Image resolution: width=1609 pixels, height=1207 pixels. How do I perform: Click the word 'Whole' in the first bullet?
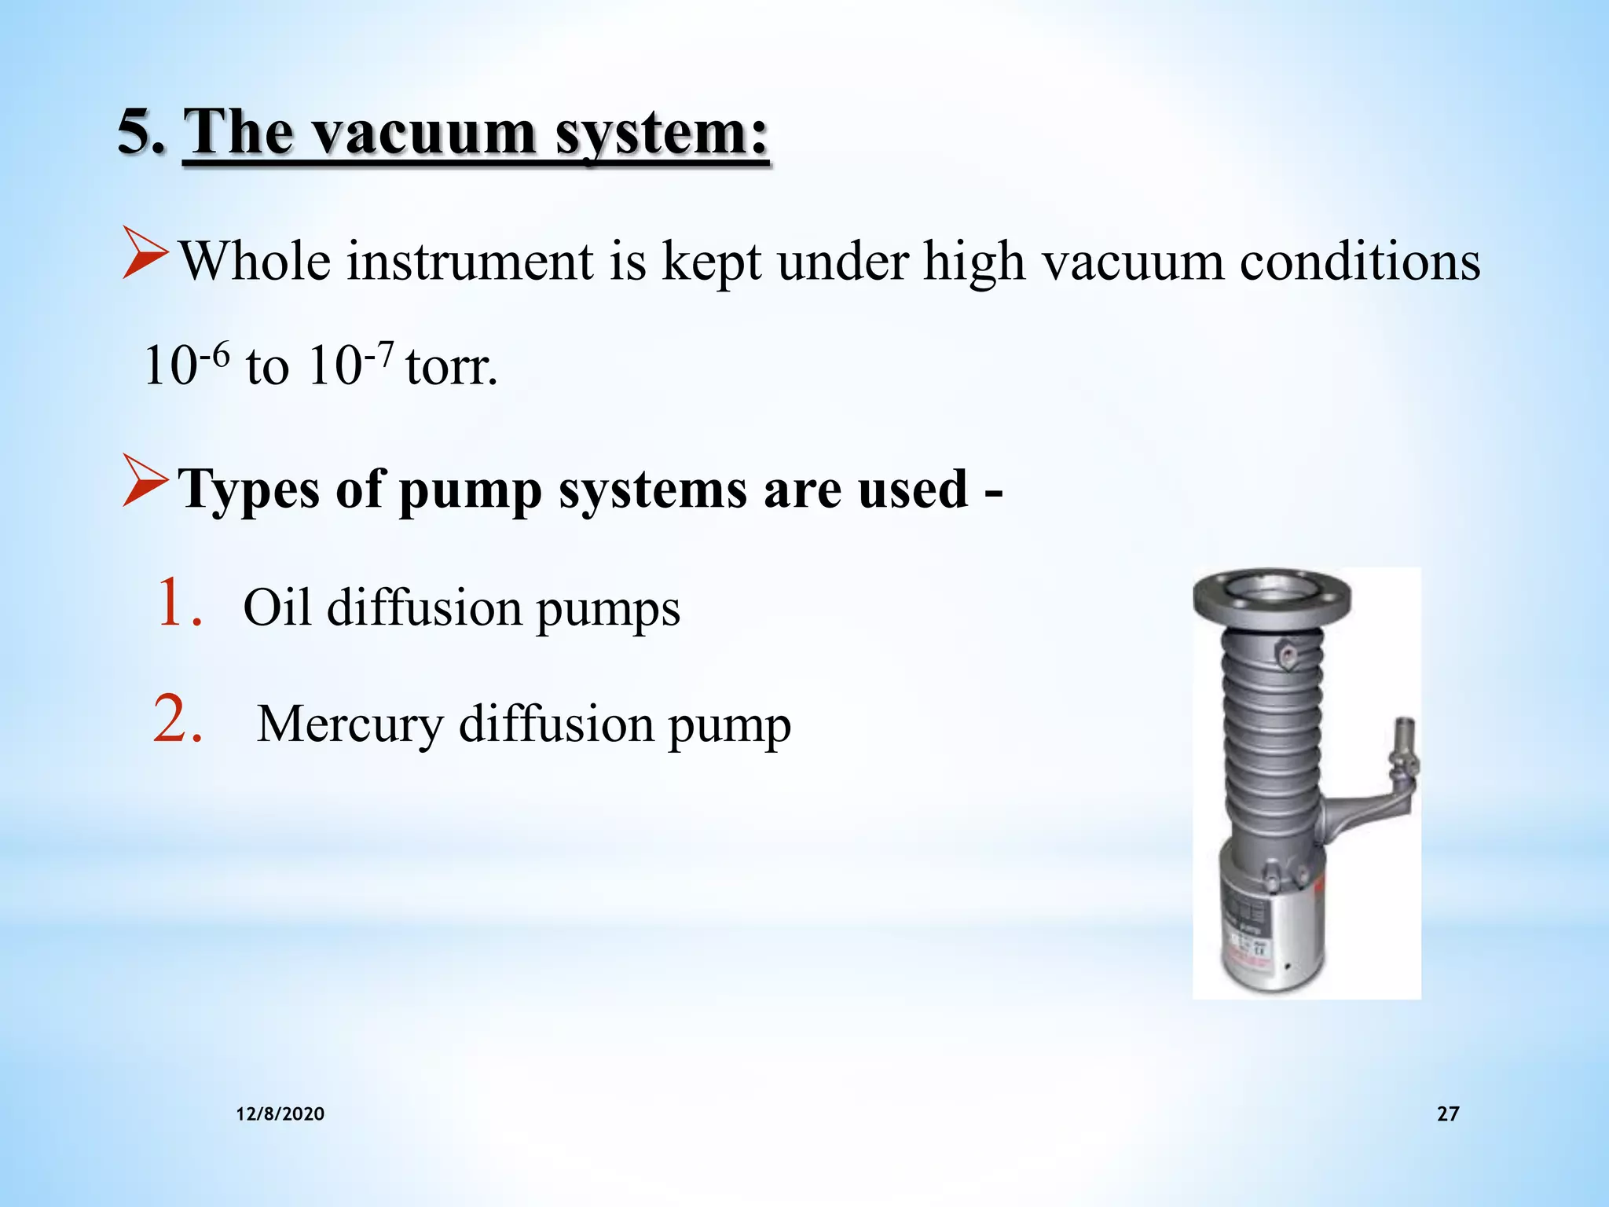tap(255, 261)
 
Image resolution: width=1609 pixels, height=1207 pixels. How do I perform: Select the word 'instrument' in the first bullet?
tap(470, 261)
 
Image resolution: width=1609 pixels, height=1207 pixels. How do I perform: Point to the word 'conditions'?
tap(1360, 261)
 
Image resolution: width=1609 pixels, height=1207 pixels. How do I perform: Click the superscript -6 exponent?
tap(214, 356)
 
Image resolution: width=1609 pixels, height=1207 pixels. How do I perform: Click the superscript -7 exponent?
tap(379, 356)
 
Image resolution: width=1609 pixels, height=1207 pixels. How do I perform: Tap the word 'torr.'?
tap(452, 367)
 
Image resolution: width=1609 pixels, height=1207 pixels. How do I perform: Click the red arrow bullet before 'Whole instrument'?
tap(145, 253)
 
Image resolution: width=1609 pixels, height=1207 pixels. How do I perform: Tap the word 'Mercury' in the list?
tap(350, 724)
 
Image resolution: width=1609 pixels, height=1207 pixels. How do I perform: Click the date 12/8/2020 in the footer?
tap(280, 1113)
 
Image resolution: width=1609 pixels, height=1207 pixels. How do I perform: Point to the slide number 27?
tap(1448, 1113)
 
